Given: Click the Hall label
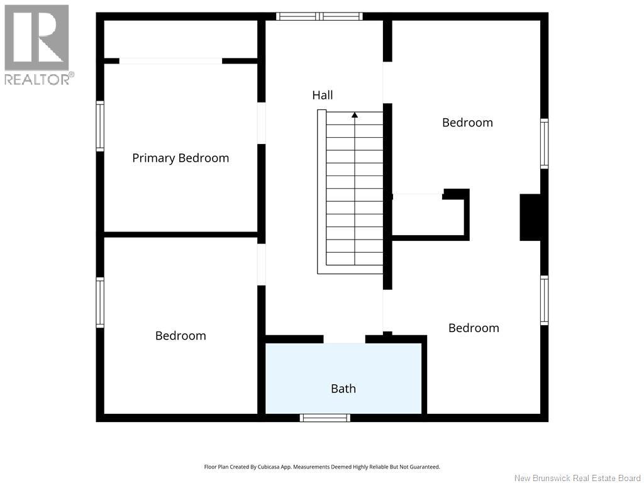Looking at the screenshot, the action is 323,96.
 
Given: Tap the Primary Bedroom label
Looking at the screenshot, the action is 180,158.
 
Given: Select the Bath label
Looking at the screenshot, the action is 343,389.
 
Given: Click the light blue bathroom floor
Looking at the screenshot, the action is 343,370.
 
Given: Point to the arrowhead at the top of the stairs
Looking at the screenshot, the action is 355,115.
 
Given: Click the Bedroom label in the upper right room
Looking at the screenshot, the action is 467,123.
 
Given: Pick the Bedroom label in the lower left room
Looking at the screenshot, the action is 180,336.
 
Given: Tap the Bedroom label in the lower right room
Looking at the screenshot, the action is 474,328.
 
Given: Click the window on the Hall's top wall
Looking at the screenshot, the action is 319,16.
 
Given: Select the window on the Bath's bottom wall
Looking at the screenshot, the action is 325,418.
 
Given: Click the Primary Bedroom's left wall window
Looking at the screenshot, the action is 100,126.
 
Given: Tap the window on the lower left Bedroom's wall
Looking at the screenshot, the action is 100,303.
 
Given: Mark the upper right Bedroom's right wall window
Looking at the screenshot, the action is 544,143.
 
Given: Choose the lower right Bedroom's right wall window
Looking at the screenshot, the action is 544,300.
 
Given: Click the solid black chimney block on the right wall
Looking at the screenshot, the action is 530,217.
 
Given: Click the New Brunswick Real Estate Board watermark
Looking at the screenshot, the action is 577,478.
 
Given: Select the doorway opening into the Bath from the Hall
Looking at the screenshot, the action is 344,339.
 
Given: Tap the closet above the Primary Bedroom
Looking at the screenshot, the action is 180,39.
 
